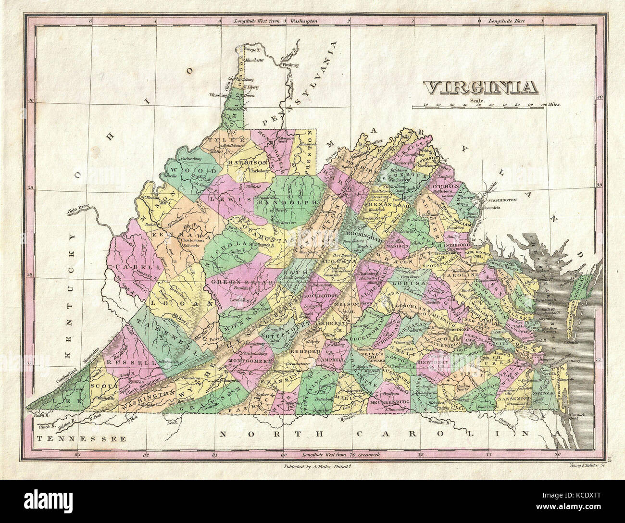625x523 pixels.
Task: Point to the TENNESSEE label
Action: [x=82, y=438]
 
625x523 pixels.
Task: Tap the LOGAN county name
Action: [x=172, y=303]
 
